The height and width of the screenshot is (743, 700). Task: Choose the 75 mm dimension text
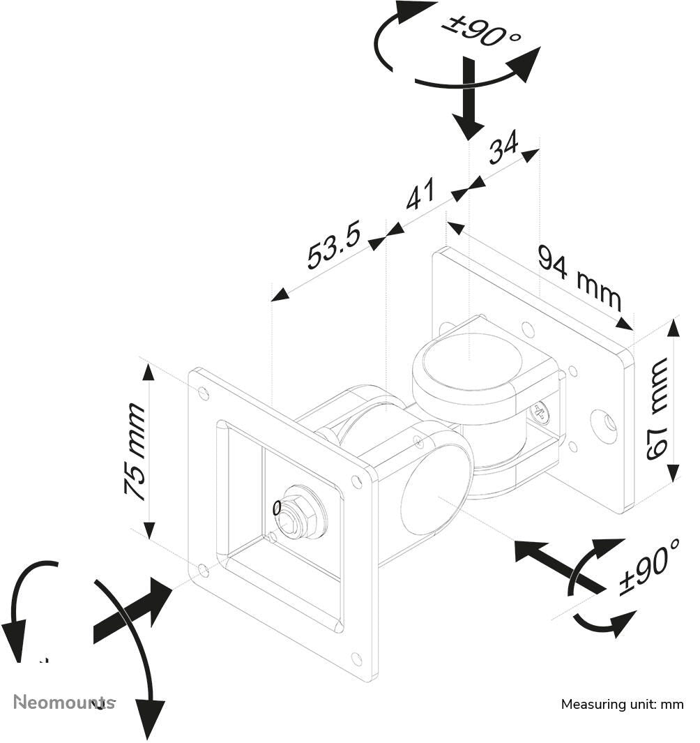(x=135, y=451)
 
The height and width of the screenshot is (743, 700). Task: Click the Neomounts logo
(x=64, y=702)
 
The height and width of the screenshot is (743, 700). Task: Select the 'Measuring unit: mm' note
(x=622, y=705)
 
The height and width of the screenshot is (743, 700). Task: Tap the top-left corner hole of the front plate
(x=204, y=393)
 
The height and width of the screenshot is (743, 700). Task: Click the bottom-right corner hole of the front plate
(x=356, y=658)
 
